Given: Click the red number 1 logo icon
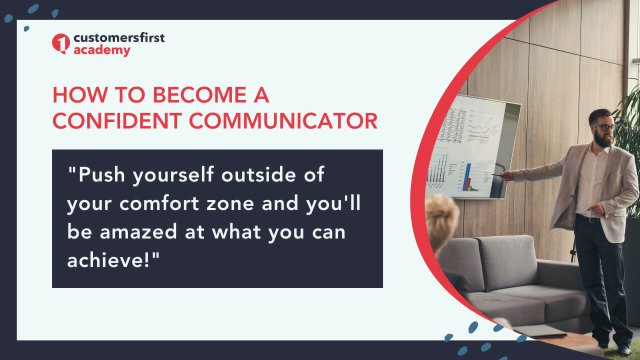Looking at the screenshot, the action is (60, 43).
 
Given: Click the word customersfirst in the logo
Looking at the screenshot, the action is (119, 37).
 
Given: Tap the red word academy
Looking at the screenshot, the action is (101, 51).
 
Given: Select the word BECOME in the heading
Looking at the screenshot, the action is (199, 95).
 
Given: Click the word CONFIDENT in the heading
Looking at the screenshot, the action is (117, 121).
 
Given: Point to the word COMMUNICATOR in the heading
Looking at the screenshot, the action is (283, 121).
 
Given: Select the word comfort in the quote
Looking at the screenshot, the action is (159, 203).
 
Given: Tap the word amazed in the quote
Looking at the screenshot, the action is (138, 231).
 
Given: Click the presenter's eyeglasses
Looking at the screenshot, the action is (604, 127).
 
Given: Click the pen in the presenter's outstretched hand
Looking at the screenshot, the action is (497, 175).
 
